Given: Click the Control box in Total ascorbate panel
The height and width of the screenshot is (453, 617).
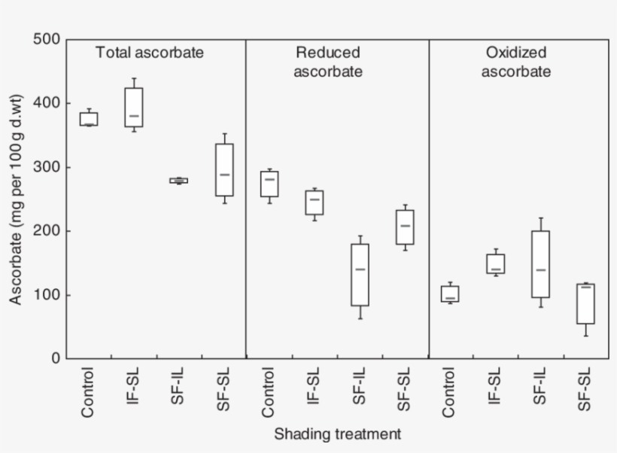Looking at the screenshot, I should coord(89,119).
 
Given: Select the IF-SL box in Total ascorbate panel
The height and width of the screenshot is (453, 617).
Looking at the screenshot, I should coord(134,107).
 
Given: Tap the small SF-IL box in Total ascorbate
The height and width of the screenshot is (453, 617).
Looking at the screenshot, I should coord(179,181).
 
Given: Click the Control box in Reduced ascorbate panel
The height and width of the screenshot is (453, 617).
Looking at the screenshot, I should coord(269,184).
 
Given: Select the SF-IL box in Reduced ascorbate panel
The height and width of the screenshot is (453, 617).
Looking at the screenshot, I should coord(360,275).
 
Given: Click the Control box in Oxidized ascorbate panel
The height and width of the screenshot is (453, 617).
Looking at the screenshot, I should coord(450,293).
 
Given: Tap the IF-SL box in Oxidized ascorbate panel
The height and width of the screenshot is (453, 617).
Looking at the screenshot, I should coord(496,263).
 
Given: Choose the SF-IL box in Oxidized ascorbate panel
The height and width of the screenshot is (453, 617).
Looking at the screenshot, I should coord(540,264).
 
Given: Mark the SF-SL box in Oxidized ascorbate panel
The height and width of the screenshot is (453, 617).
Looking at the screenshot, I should coord(585,303).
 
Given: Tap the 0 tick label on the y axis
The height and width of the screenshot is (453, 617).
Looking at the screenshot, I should coord(55,359).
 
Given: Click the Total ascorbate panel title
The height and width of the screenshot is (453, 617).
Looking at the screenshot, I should coord(149,53).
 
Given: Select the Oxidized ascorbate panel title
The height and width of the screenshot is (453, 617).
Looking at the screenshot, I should coord(516,62).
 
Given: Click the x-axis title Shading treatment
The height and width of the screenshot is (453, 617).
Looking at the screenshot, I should coord(337,434).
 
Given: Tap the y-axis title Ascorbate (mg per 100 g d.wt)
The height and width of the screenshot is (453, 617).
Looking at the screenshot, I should coord(16,199).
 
